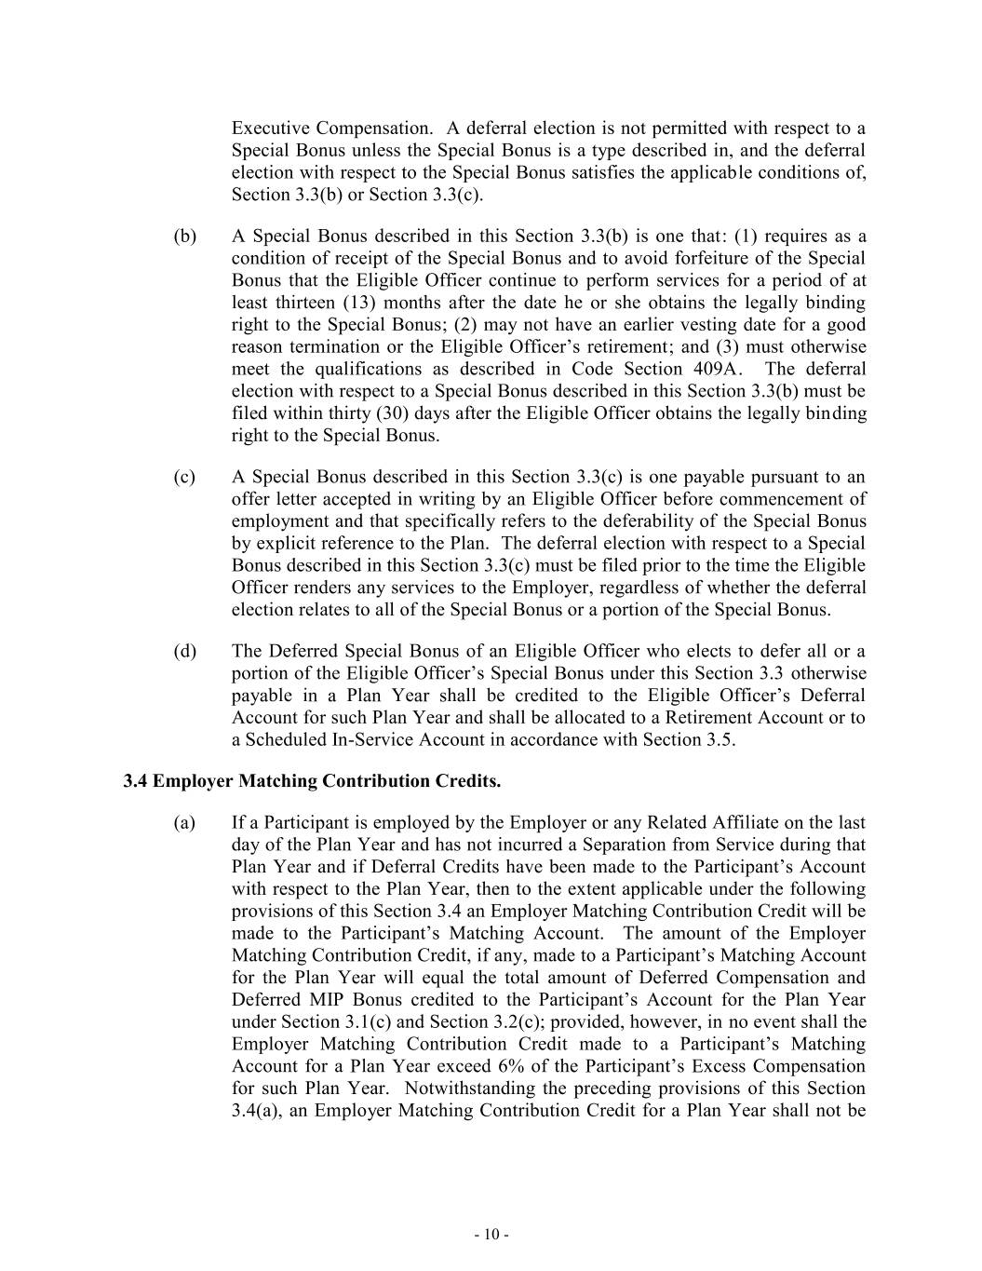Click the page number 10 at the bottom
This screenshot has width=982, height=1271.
(491, 1235)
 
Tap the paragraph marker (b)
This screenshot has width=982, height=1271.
(185, 237)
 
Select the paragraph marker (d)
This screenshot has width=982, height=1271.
(185, 651)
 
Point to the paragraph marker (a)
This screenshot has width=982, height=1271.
(185, 823)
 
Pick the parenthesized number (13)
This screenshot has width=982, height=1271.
(358, 303)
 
